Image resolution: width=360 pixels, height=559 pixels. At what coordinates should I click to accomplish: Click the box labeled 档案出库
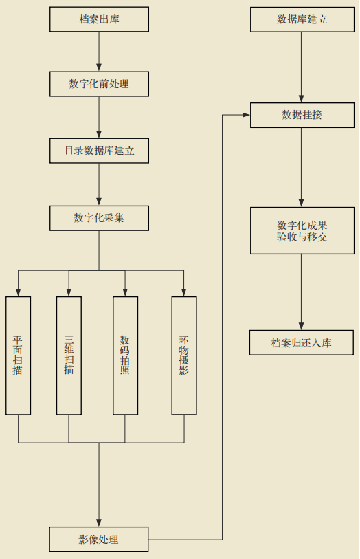(x=99, y=19)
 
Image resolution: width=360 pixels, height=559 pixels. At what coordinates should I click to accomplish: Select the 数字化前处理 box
(x=99, y=84)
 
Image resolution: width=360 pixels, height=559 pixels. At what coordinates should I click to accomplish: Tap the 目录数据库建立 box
(x=99, y=151)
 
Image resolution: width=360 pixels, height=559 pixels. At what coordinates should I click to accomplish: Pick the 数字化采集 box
(x=99, y=218)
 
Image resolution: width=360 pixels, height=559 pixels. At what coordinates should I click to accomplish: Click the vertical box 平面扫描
(x=18, y=355)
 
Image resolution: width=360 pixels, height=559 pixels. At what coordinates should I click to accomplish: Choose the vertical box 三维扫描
(x=69, y=355)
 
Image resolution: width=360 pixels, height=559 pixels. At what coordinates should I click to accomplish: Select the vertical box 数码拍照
(x=125, y=355)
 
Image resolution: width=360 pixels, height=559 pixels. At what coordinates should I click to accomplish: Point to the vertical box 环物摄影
(x=184, y=355)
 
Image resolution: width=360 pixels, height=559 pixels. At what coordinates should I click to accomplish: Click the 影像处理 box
(x=99, y=539)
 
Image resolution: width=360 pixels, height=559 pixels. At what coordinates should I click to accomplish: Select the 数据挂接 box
(x=302, y=115)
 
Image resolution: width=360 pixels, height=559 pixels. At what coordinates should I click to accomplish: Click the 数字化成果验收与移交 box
(x=302, y=230)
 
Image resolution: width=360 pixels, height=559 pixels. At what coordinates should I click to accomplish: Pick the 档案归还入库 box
(x=302, y=342)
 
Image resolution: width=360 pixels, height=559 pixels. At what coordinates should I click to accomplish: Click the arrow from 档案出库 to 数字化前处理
(x=99, y=52)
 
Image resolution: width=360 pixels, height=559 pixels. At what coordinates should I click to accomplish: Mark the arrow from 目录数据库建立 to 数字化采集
(x=99, y=184)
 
